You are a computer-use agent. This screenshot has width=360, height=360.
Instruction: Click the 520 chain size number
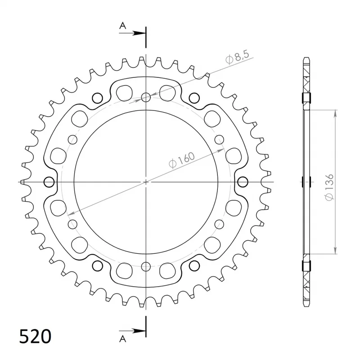tap(35, 336)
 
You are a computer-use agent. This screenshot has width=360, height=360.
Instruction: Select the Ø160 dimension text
tap(182, 160)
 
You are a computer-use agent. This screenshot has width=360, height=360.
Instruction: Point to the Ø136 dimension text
tap(329, 187)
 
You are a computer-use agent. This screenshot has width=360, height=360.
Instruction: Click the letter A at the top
tap(123, 26)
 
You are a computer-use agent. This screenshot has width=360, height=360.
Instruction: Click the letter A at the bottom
tap(123, 339)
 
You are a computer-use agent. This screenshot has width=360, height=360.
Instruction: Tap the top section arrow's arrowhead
tap(139, 33)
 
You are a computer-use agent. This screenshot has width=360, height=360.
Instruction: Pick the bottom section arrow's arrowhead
tap(139, 331)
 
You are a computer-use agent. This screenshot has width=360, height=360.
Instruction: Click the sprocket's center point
tap(146, 182)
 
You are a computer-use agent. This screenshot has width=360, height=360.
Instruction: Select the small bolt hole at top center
tap(146, 97)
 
